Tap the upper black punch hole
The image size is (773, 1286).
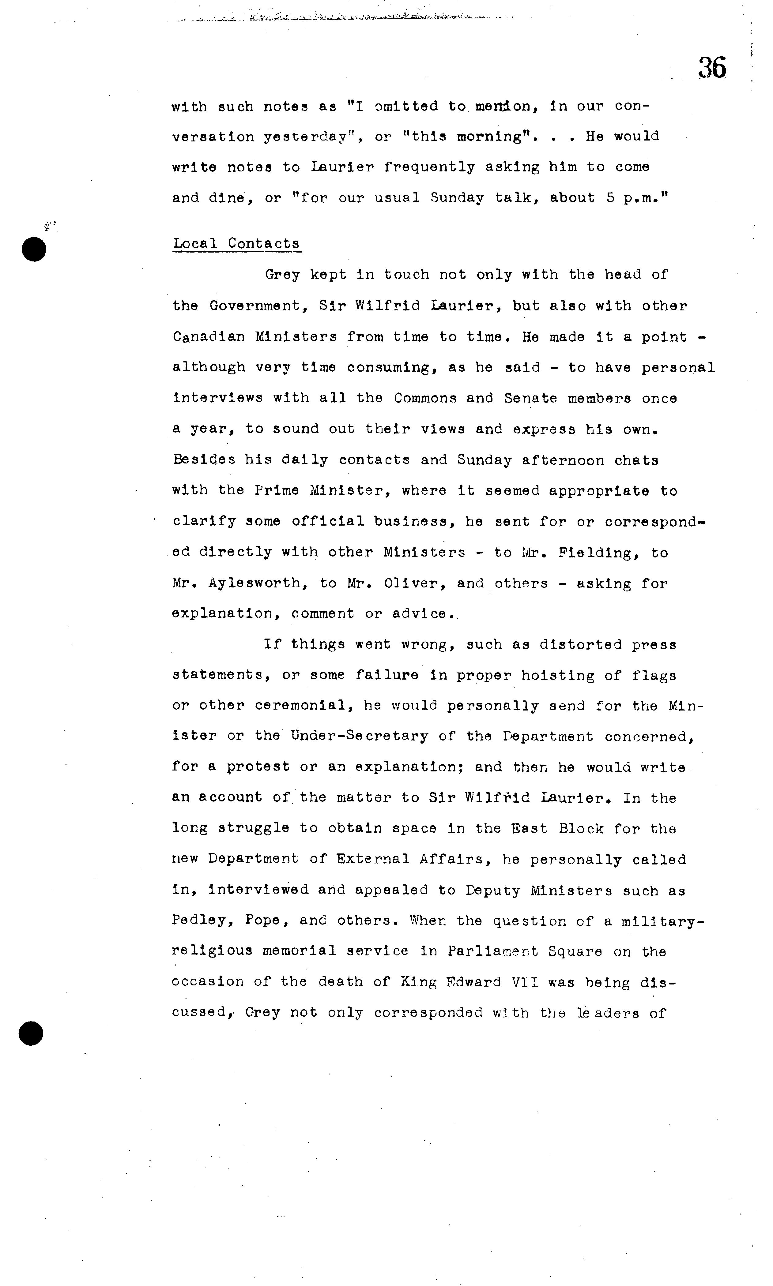(x=34, y=249)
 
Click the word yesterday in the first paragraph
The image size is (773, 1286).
(x=305, y=137)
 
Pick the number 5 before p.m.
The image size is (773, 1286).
(x=610, y=198)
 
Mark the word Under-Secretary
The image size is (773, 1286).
(x=360, y=736)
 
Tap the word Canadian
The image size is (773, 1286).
(x=208, y=337)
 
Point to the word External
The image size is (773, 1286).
(x=373, y=859)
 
